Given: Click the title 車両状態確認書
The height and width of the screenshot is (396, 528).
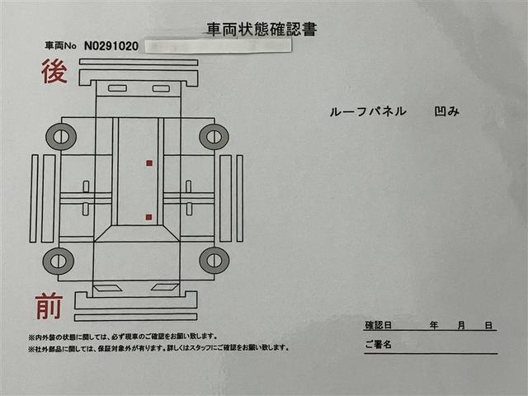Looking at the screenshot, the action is click(262, 30).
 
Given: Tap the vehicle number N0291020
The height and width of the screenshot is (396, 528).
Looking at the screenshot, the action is click(111, 46).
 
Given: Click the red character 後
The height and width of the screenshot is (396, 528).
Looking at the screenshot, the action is click(54, 71).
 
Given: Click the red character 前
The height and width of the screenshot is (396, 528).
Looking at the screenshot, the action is click(49, 306).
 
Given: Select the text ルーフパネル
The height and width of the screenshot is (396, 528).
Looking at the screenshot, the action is click(368, 111).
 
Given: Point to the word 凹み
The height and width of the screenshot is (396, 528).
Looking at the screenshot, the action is click(447, 111).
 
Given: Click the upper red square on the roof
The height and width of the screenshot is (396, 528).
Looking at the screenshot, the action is click(149, 163).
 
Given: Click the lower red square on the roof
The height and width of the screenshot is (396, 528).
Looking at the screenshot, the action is click(148, 217).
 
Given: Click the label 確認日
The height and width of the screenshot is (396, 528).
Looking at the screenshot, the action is click(378, 325).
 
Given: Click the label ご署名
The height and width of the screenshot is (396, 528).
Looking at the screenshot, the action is click(378, 345).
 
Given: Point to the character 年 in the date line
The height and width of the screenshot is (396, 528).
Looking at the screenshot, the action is click(434, 325).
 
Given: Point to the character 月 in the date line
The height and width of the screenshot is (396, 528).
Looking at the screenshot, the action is click(461, 325).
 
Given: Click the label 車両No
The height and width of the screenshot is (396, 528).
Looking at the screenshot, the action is click(60, 45).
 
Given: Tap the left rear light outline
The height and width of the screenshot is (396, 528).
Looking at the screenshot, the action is click(117, 88).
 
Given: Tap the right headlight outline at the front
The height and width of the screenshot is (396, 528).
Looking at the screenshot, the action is click(165, 287).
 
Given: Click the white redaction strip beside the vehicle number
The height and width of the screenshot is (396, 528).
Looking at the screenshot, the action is click(218, 46).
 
